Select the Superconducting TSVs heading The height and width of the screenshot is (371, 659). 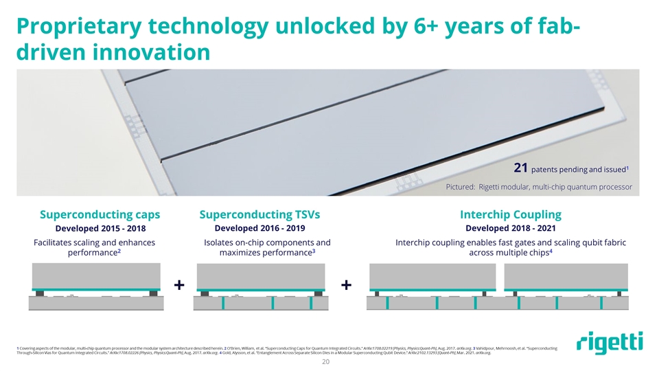(259, 214)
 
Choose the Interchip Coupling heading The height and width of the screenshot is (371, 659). (510, 214)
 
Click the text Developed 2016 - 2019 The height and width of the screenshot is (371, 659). (259, 228)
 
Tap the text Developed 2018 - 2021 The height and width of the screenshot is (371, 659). (510, 228)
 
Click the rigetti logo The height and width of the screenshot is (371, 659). (609, 343)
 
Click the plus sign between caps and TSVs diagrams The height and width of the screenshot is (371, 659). (180, 284)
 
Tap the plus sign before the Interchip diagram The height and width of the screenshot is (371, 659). (347, 284)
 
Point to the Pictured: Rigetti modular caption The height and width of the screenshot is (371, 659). (539, 188)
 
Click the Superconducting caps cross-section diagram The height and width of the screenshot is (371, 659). (94, 286)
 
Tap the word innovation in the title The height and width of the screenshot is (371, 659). (155, 52)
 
